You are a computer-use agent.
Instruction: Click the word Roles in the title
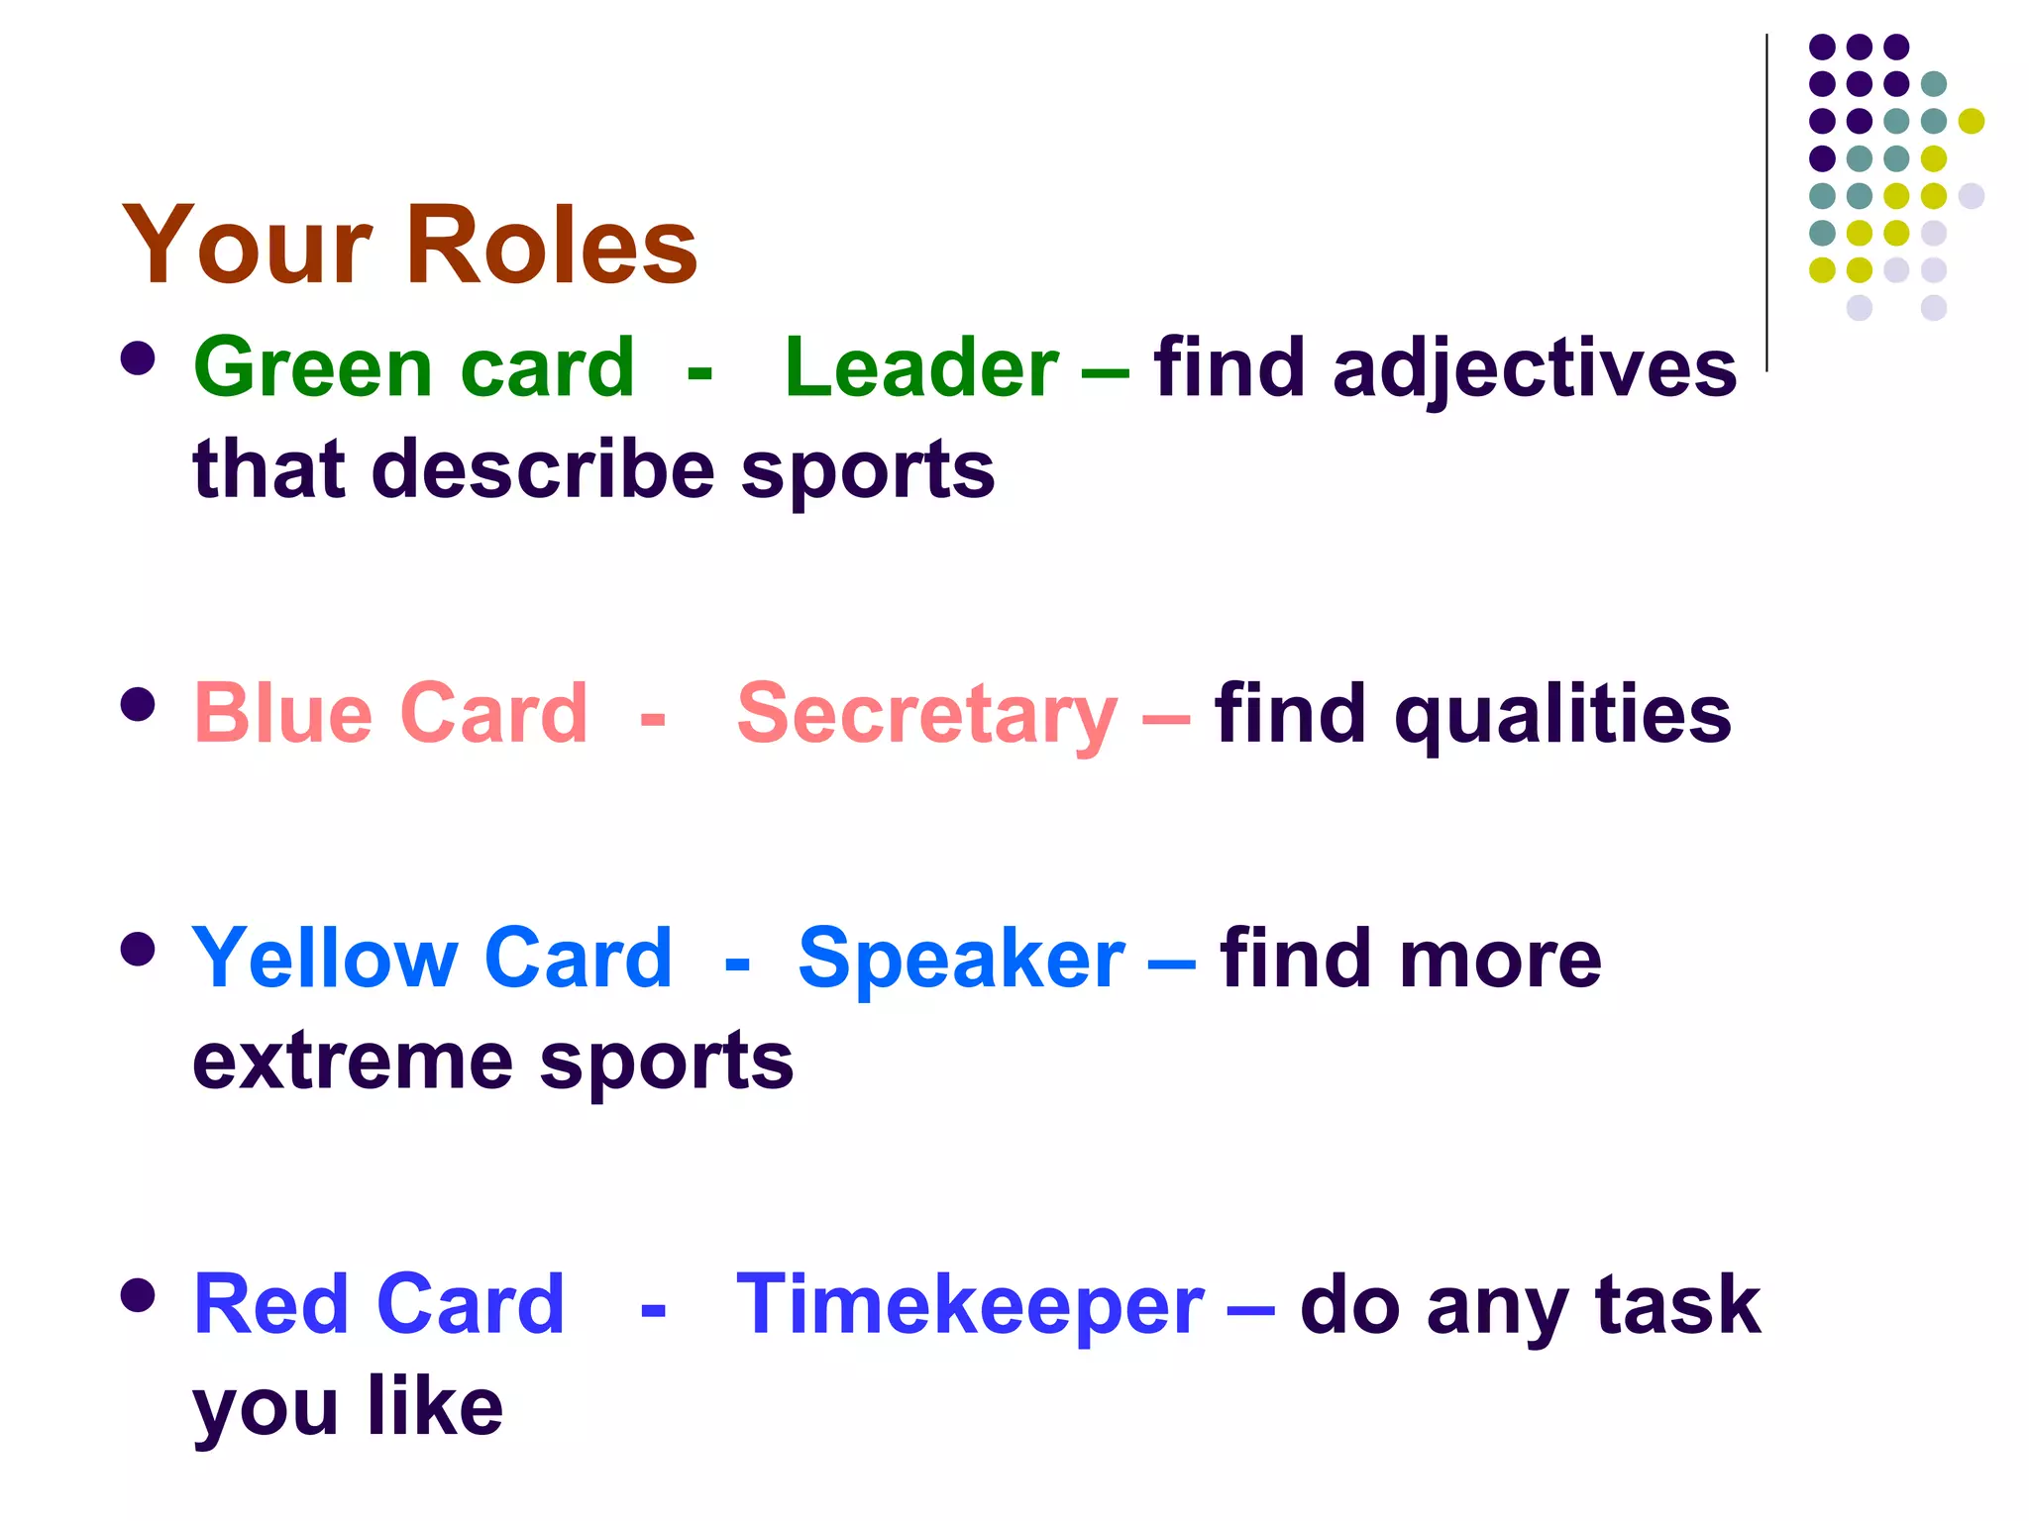[551, 245]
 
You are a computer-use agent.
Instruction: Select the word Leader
[921, 367]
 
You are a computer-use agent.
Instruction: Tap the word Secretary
[927, 715]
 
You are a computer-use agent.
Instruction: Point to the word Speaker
[961, 959]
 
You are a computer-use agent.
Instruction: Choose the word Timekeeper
[970, 1305]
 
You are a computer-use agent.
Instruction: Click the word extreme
[353, 1062]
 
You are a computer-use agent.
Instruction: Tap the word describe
[543, 469]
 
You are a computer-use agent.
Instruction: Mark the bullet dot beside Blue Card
[138, 705]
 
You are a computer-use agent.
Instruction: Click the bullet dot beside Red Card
[138, 1295]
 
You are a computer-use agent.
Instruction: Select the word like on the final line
[435, 1406]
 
